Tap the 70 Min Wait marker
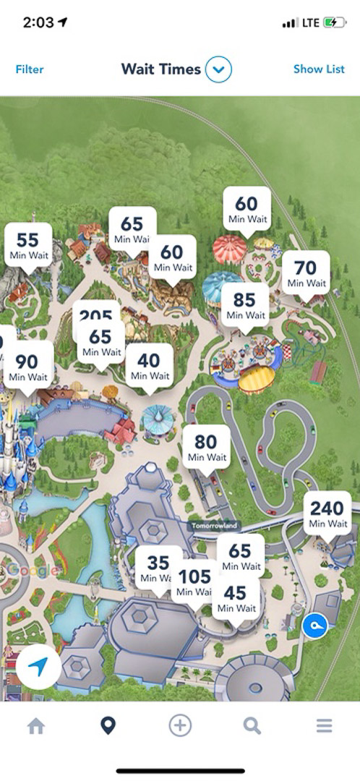coord(305,273)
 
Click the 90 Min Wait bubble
coord(27,367)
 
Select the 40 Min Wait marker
coord(149,366)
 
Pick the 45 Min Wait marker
coord(236,599)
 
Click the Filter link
coord(30,69)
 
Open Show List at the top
coord(319,69)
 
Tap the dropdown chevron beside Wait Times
coord(218,69)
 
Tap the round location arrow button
coord(39,666)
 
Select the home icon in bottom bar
coord(36,726)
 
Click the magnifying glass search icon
coord(252,726)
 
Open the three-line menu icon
coord(324,726)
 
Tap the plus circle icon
coord(180,726)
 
